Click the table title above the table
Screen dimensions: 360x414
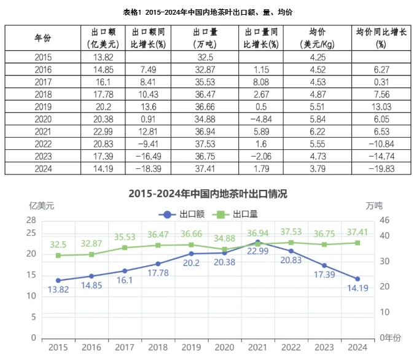pyautogui.click(x=208, y=11)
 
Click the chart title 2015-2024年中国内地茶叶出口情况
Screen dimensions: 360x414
pyautogui.click(x=208, y=194)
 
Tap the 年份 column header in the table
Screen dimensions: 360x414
pyautogui.click(x=42, y=38)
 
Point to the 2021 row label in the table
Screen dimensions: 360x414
pyautogui.click(x=42, y=130)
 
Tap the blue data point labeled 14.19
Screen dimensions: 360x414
pyautogui.click(x=357, y=279)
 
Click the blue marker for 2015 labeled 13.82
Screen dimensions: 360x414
pyautogui.click(x=58, y=280)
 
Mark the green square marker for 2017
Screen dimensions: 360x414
pyautogui.click(x=124, y=248)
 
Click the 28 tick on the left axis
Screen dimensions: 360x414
pyautogui.click(x=31, y=220)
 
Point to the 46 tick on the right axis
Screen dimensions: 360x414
pyautogui.click(x=385, y=220)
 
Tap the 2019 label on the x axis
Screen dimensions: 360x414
pyautogui.click(x=191, y=348)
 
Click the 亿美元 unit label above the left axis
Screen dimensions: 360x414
pyautogui.click(x=41, y=206)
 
